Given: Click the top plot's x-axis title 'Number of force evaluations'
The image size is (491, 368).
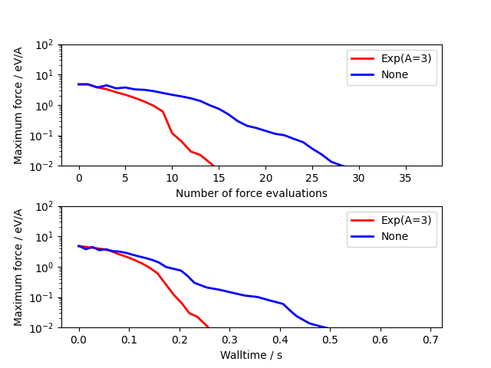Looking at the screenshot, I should coord(251,193).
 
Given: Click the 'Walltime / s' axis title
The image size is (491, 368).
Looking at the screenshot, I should coord(251,355).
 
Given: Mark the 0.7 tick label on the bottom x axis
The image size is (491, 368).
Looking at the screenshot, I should coord(431,340).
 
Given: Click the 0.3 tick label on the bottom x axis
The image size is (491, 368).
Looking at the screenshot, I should coord(229,340).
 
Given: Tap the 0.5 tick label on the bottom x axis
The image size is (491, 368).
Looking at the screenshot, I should coord(331,340).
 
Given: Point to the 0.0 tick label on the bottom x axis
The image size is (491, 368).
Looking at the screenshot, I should coord(78,340).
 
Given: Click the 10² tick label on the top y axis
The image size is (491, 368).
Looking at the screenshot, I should coord(44,44).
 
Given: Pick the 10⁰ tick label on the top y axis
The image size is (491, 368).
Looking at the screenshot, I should coord(44,105).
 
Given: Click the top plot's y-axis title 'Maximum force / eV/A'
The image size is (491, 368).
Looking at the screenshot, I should coord(19,105).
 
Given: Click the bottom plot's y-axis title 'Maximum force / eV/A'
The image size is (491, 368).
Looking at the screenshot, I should coord(19,267).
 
